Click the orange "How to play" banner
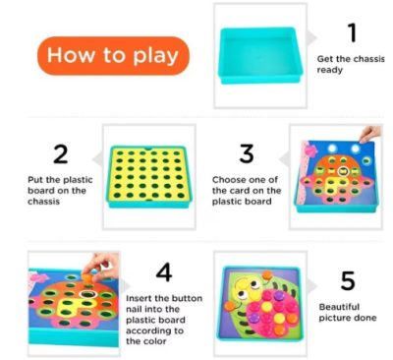click(x=113, y=56)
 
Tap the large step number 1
click(x=353, y=32)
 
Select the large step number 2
click(x=61, y=154)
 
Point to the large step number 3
click(x=247, y=153)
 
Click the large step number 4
click(x=164, y=272)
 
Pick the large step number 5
click(x=348, y=280)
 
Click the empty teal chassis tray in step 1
click(x=259, y=55)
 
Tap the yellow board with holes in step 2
click(x=148, y=174)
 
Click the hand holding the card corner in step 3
click(x=370, y=134)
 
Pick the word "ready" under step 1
click(x=330, y=70)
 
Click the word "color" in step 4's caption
click(x=155, y=341)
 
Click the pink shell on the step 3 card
click(x=311, y=150)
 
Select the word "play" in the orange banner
click(x=156, y=56)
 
